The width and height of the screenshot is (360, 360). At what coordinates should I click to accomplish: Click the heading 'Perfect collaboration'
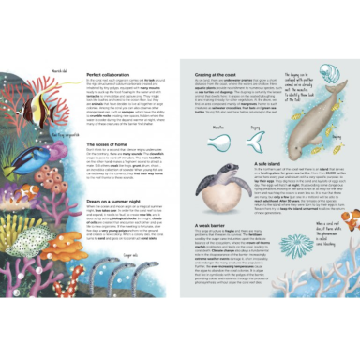[x=107, y=73]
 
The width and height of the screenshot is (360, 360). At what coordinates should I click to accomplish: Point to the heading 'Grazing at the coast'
[x=218, y=73]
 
